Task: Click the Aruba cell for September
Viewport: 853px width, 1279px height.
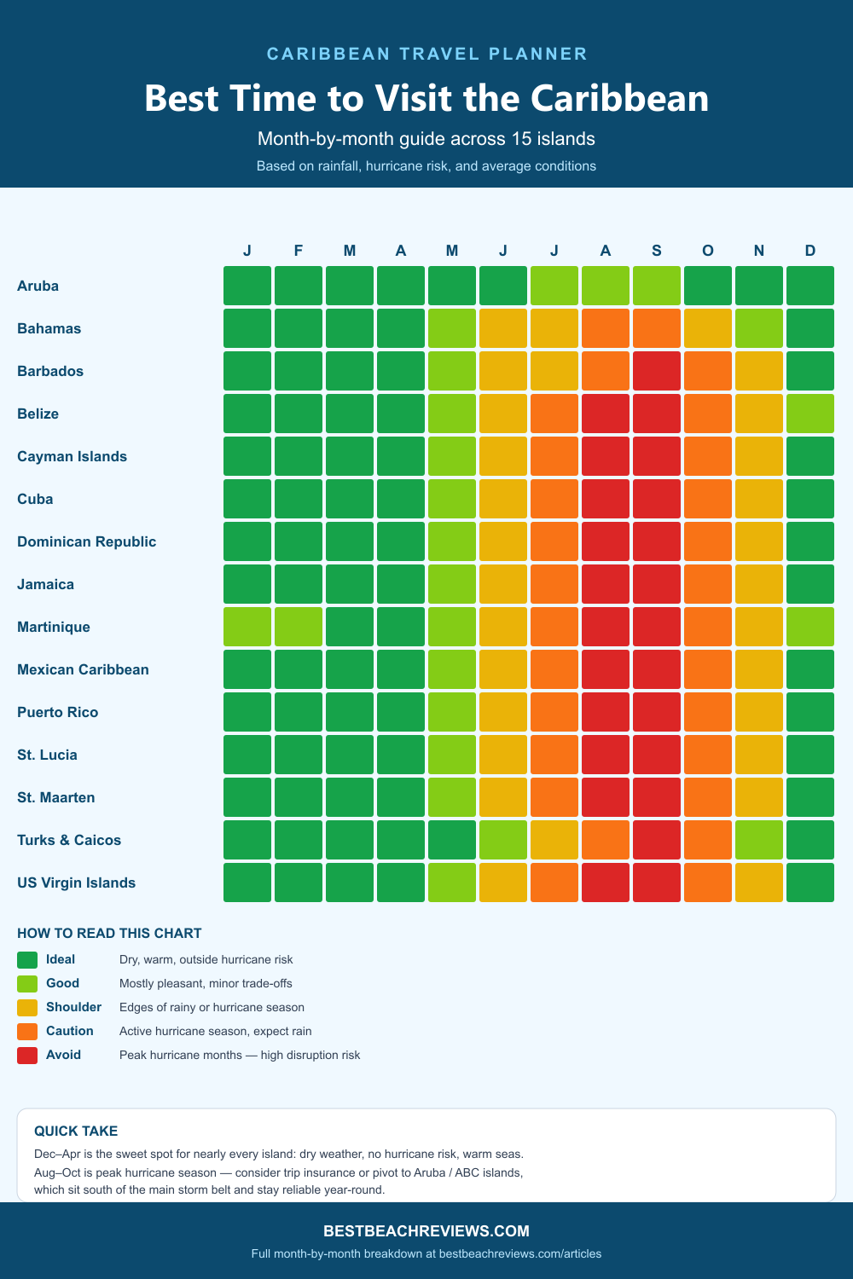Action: (657, 286)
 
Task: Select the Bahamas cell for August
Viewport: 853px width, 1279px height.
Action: (606, 328)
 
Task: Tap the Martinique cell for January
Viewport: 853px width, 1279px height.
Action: (247, 627)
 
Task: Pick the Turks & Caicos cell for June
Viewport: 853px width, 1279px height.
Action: (503, 840)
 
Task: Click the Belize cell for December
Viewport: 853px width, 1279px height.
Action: (810, 414)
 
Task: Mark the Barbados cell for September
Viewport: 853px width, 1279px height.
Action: (657, 371)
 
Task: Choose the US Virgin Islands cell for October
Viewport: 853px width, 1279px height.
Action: (708, 883)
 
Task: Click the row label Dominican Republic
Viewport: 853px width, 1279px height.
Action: (86, 541)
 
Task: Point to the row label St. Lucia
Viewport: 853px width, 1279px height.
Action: (47, 755)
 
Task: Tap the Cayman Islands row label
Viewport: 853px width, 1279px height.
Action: (72, 456)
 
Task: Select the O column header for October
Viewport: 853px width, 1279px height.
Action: (708, 251)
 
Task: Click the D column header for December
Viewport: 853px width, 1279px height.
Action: (810, 251)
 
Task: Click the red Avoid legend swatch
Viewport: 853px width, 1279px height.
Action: (27, 1055)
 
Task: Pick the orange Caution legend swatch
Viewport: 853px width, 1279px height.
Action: (27, 1031)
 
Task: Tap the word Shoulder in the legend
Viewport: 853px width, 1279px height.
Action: (73, 1007)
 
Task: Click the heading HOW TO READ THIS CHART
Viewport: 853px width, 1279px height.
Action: (109, 934)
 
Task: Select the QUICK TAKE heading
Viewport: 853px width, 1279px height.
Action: (76, 1131)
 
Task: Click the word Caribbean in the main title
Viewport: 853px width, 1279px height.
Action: (619, 98)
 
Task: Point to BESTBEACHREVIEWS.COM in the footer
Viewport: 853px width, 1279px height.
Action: (426, 1231)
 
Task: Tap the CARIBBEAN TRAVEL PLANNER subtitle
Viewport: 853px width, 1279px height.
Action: (426, 54)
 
